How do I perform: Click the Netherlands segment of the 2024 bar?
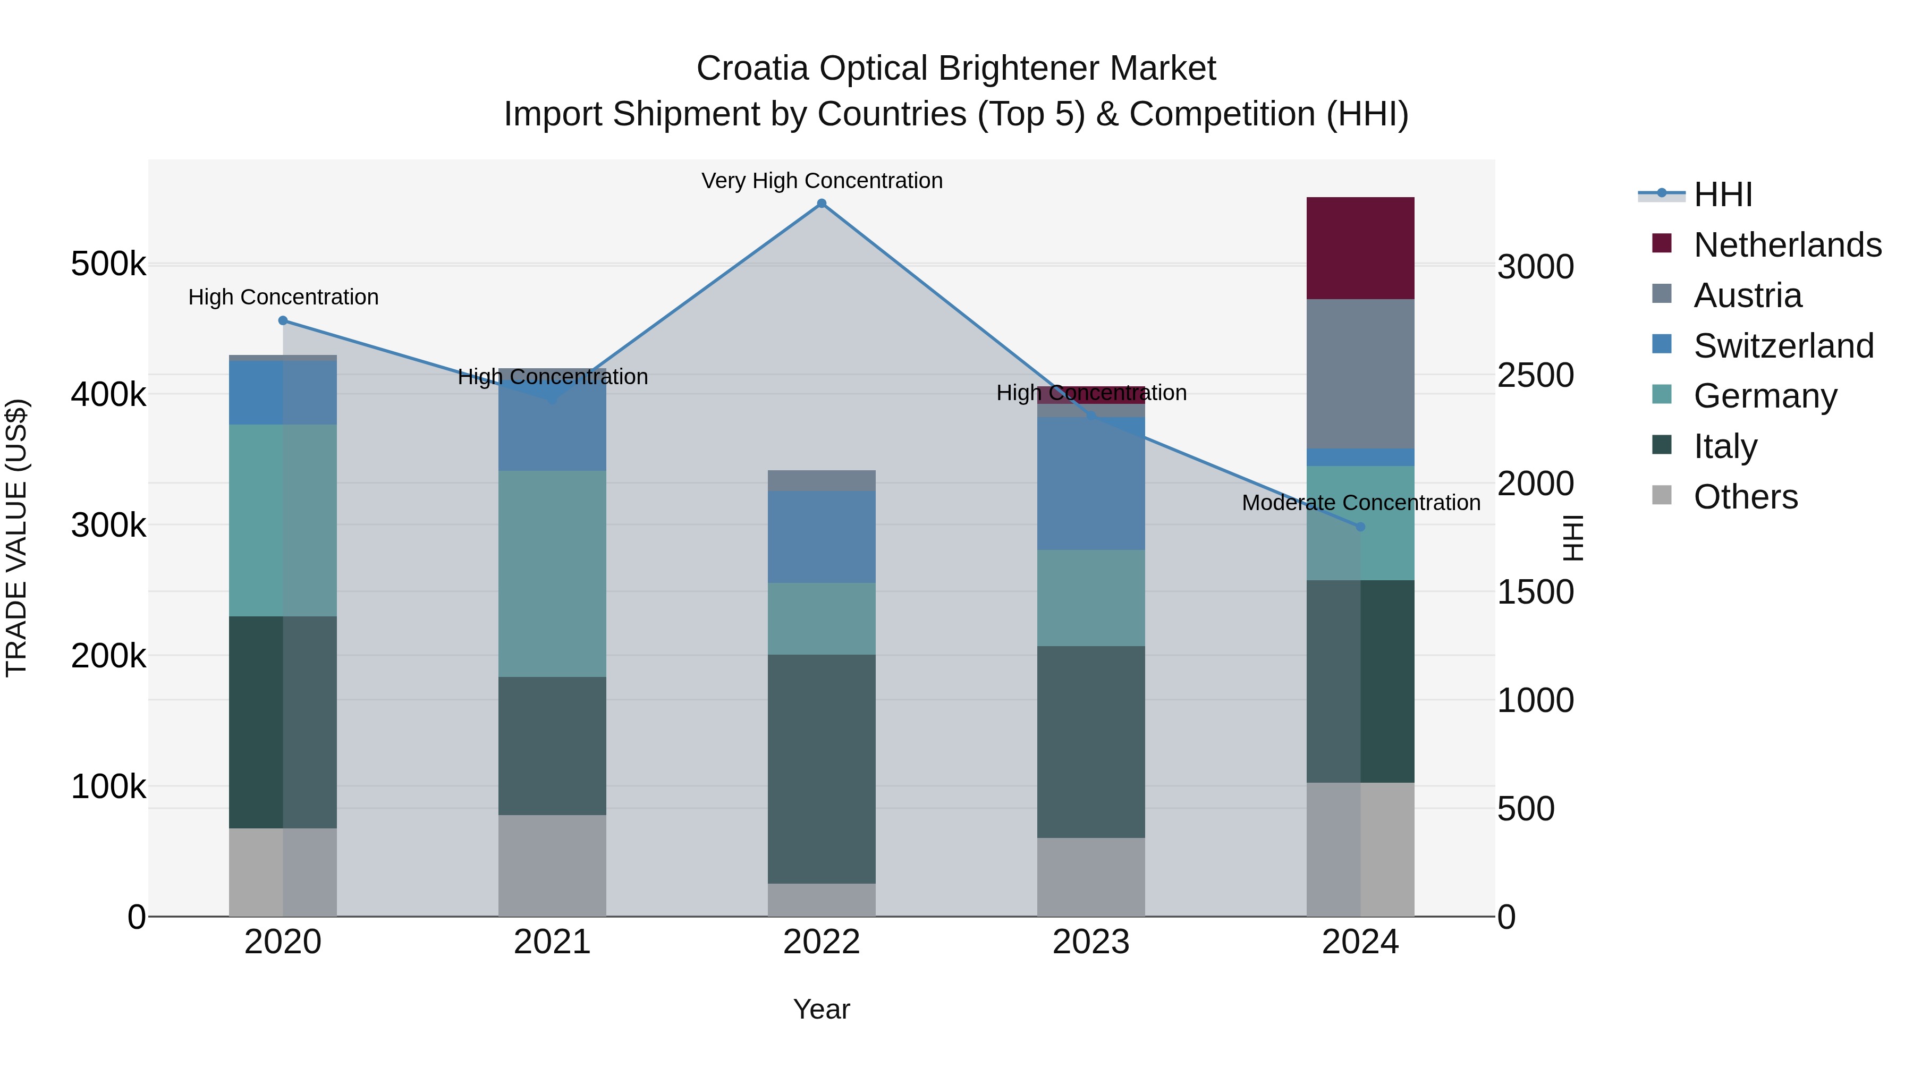[1360, 248]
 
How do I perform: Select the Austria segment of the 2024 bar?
[1360, 374]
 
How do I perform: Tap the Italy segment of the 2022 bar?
[822, 768]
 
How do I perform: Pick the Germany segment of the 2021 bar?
[552, 573]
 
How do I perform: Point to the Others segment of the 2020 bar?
[282, 872]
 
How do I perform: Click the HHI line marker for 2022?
[822, 204]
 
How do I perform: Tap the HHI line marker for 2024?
[1360, 527]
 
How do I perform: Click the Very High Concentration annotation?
[822, 181]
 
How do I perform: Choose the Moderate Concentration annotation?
[1360, 503]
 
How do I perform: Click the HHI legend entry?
[1723, 194]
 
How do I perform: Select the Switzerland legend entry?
[1782, 346]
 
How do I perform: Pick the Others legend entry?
[1745, 497]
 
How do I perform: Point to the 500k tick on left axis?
[108, 264]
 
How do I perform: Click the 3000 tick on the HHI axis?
[1534, 267]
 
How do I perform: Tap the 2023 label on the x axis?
[1090, 942]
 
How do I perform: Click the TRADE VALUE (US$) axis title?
[16, 538]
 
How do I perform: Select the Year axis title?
[822, 1009]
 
